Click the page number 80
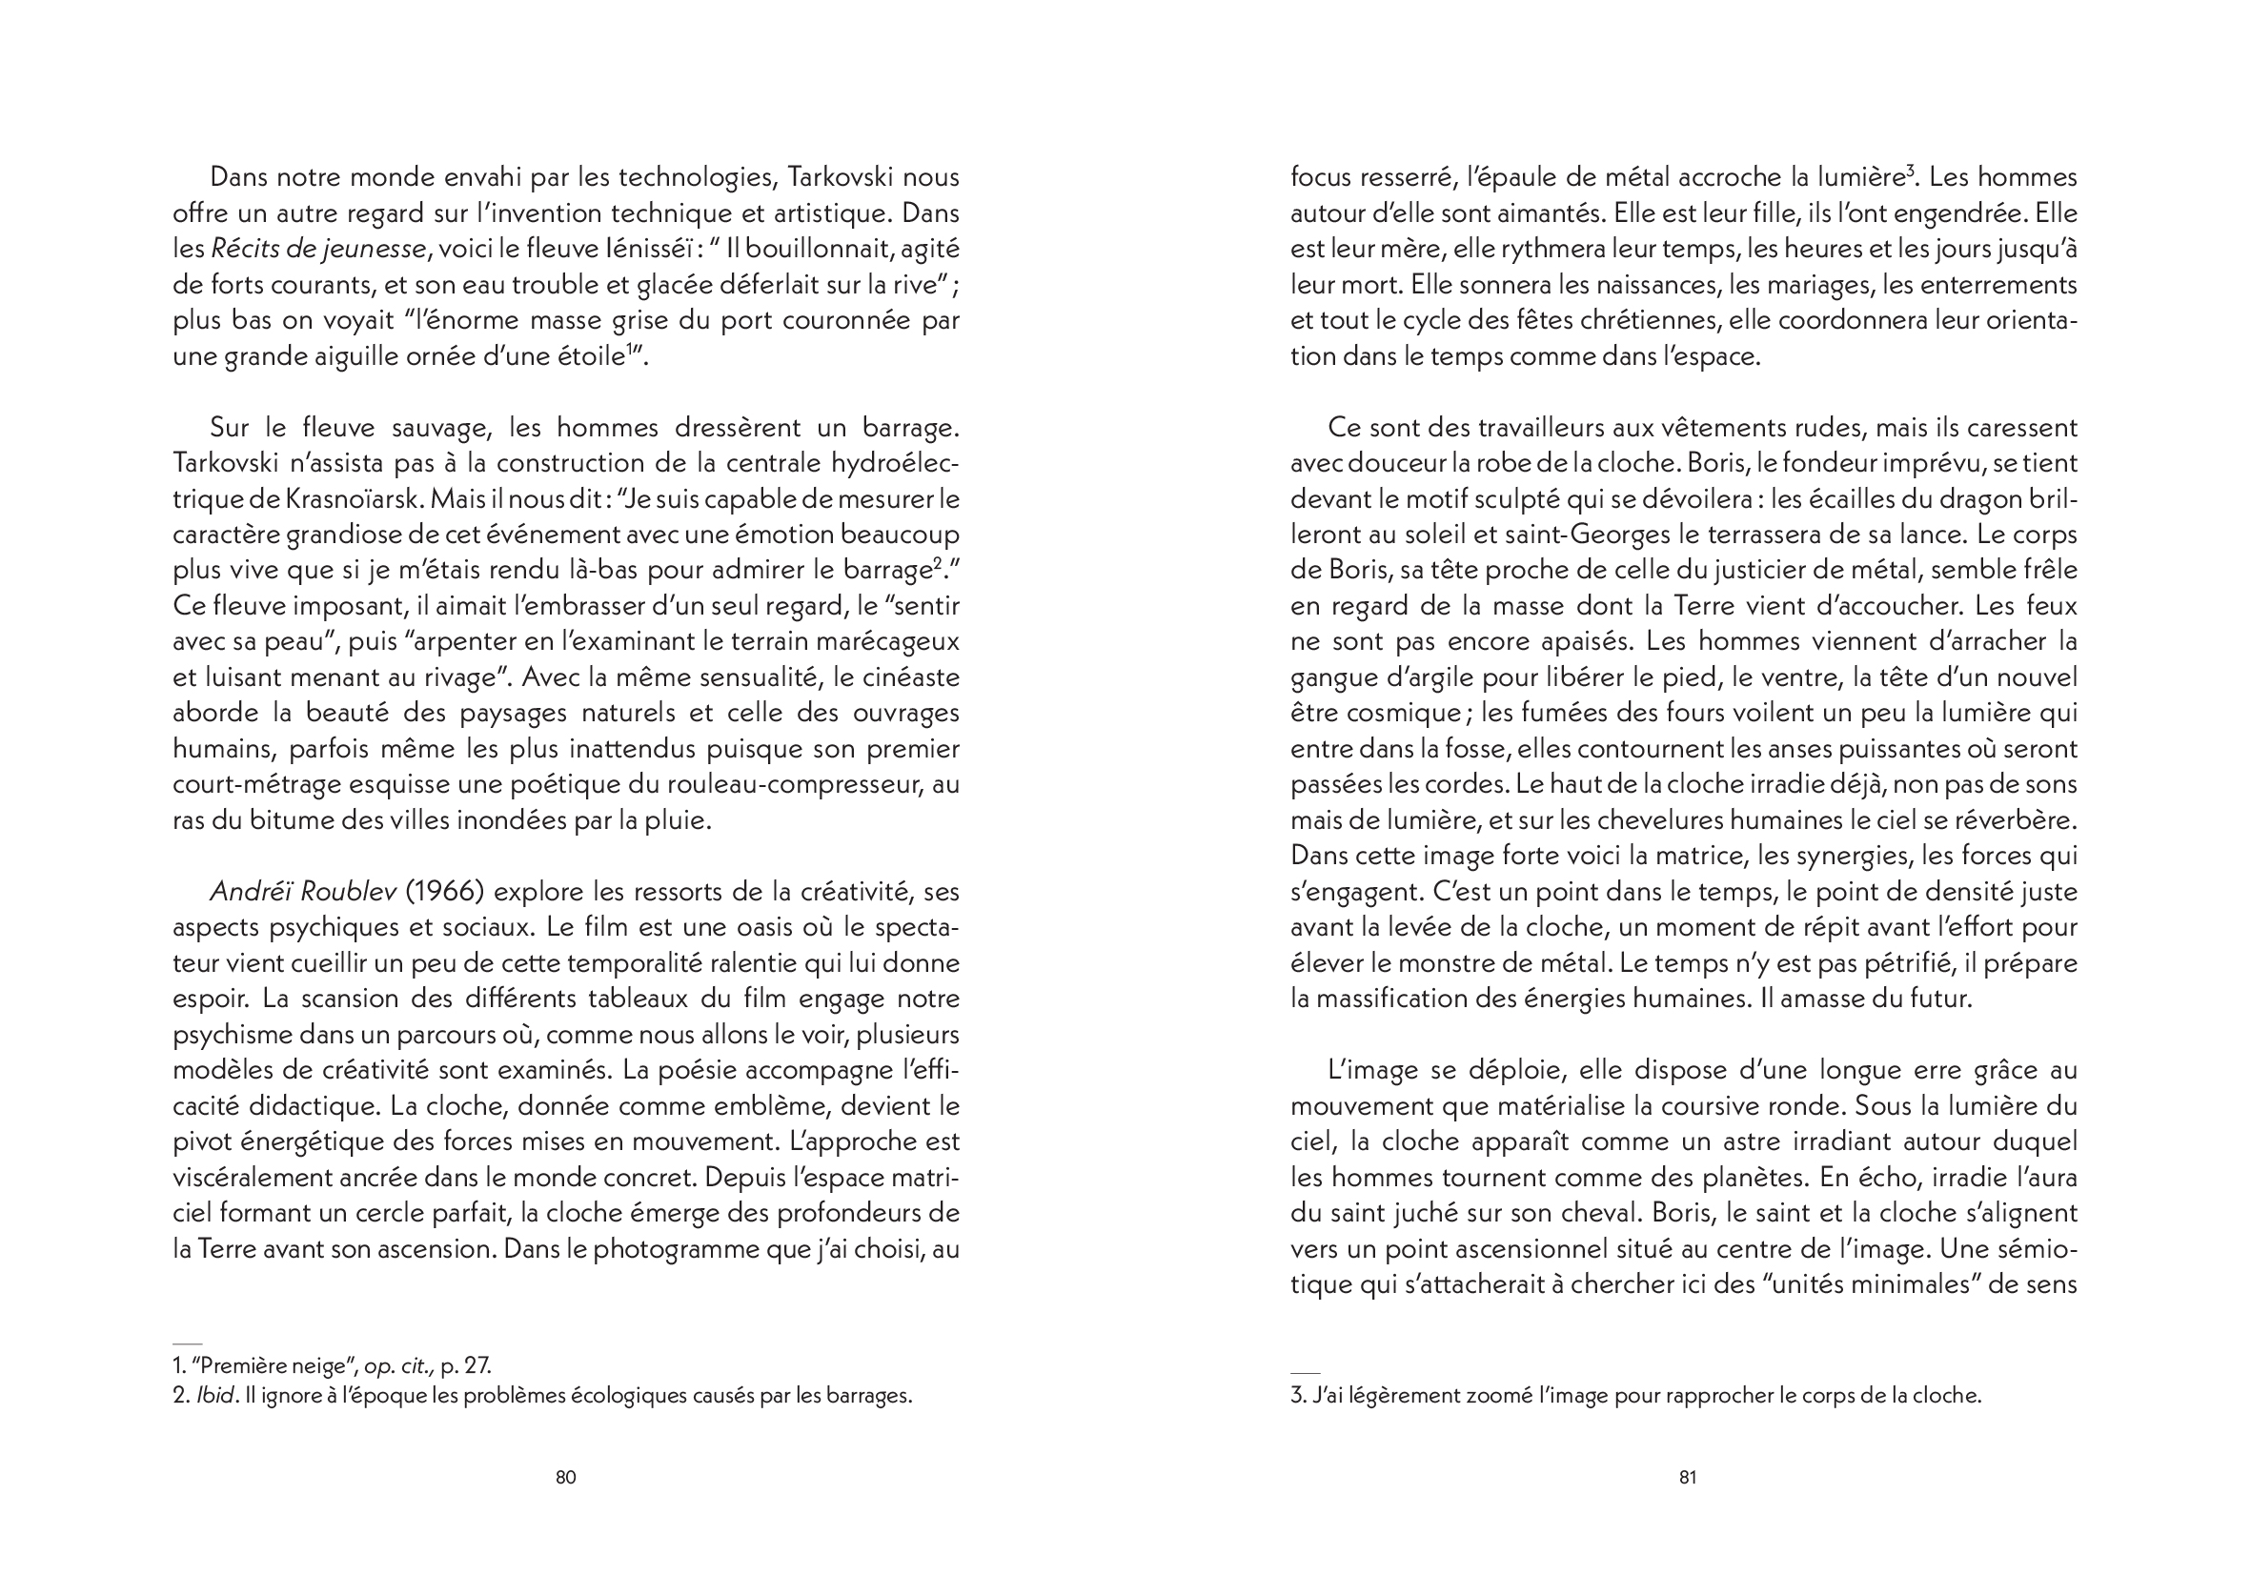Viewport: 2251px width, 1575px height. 566,1477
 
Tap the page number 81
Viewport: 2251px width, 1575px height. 1687,1477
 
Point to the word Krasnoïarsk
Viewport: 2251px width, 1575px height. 355,499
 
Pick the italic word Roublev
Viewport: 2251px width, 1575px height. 348,892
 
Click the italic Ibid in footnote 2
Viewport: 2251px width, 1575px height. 215,1396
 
